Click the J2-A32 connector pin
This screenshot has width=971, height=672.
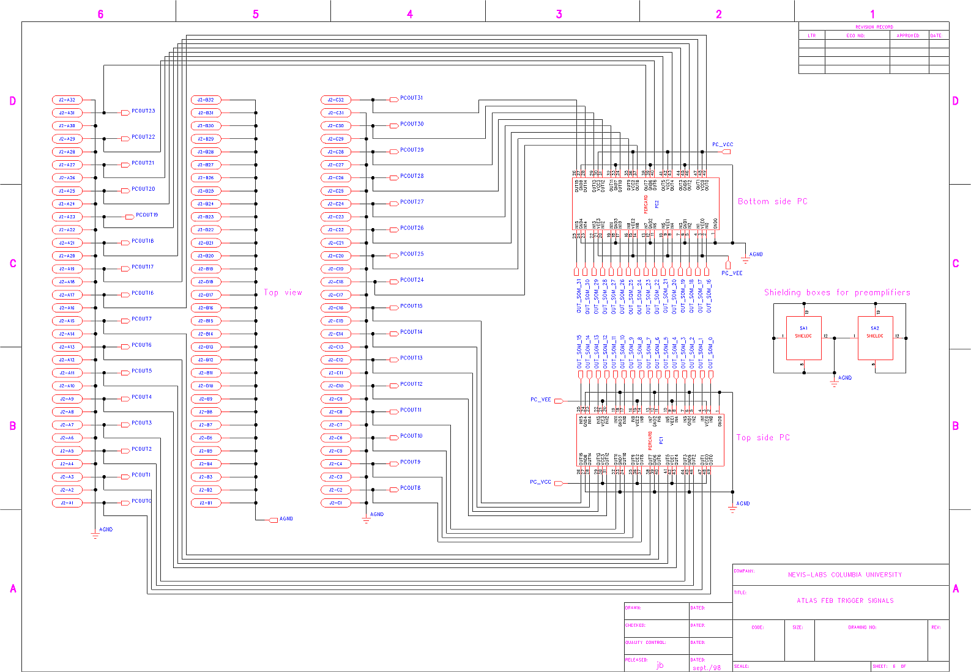pos(67,100)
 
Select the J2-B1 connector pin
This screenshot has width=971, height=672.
pos(206,503)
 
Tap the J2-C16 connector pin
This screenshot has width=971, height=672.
pos(335,308)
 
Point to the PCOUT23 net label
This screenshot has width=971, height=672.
pos(143,111)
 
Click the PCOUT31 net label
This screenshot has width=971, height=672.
pos(411,98)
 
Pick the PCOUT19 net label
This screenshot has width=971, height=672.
pos(147,215)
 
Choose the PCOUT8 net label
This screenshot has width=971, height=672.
pos(410,489)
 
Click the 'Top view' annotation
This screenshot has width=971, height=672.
pos(283,293)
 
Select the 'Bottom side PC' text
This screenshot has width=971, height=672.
pos(772,202)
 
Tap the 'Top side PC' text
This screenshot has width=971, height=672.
pos(762,438)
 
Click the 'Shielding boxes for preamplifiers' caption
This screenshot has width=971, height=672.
pos(836,293)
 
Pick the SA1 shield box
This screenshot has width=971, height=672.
pos(803,338)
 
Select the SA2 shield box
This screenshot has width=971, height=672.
pos(875,338)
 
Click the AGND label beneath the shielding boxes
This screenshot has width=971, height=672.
pos(845,378)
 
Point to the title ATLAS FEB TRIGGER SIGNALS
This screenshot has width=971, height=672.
pos(845,601)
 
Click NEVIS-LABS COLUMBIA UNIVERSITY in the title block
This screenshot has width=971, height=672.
pos(844,575)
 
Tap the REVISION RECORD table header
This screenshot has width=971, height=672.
pos(874,27)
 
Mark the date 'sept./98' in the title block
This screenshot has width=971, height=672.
pos(707,668)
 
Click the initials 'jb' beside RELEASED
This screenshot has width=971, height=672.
pos(660,665)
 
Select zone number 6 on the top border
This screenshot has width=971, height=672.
pos(100,14)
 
